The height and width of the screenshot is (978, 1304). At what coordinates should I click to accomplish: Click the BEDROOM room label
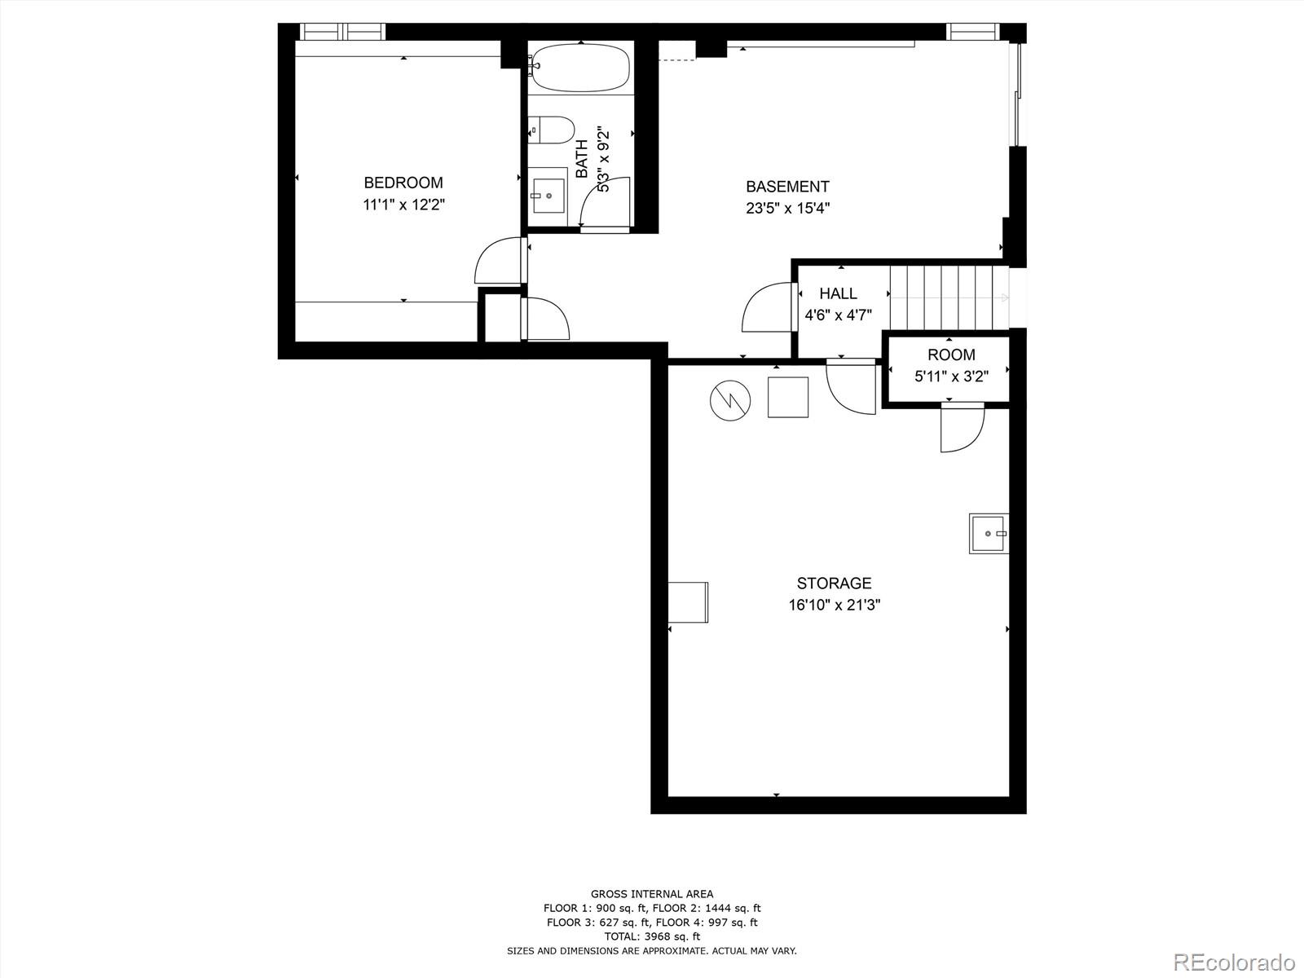403,183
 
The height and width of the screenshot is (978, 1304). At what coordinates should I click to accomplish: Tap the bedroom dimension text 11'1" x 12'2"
403,205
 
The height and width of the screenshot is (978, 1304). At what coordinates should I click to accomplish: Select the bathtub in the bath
580,68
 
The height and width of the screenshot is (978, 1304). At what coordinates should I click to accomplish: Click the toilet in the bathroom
551,130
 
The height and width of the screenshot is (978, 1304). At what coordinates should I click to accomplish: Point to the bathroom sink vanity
547,195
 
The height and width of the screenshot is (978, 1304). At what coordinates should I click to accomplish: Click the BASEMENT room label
787,187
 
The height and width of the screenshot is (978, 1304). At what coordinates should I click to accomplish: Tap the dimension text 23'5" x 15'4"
787,209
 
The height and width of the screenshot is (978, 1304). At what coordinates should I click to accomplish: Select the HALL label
838,293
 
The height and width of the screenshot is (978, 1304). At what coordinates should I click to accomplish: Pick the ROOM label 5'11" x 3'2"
951,355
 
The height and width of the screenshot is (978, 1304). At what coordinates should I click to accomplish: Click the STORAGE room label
834,583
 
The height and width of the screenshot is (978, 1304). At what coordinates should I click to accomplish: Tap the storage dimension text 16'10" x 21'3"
834,605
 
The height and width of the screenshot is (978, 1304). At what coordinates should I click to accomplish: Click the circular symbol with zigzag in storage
729,400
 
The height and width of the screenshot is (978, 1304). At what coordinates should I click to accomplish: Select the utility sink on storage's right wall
989,533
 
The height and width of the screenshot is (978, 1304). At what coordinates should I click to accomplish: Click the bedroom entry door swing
497,261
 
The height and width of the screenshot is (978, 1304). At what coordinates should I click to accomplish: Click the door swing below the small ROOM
962,428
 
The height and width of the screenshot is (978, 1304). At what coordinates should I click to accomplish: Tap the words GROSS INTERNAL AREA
652,894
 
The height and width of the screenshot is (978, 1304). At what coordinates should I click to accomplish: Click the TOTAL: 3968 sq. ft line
652,936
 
